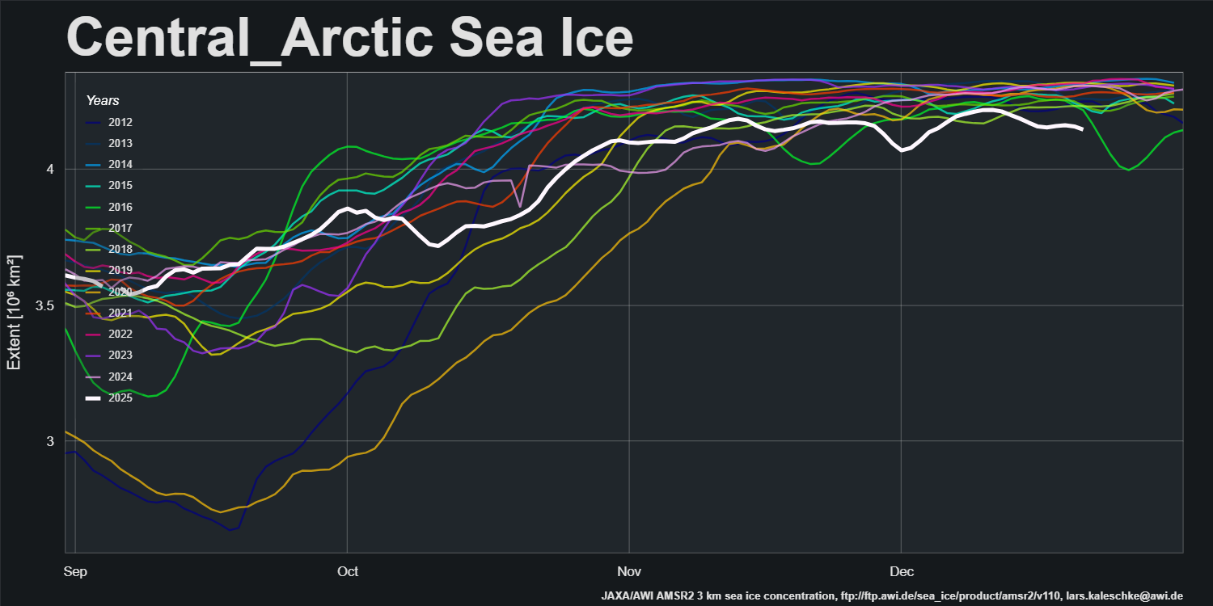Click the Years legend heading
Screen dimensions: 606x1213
click(103, 101)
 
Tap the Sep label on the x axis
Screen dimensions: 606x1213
click(74, 572)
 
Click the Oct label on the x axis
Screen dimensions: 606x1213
click(347, 572)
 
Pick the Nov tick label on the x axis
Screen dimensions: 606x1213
click(628, 572)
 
